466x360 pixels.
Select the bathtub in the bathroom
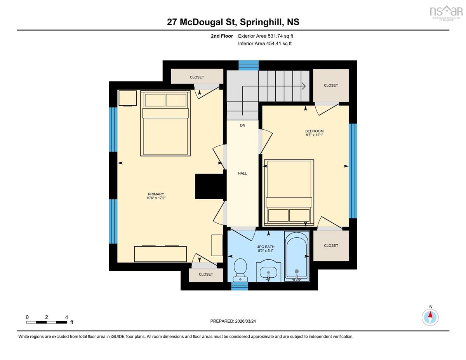pos(297,256)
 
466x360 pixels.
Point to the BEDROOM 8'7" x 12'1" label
pos(315,133)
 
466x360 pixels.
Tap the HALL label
pos(242,173)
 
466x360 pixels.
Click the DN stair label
pos(243,125)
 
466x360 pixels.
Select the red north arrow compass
pos(430,317)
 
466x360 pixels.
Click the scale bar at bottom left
pos(47,322)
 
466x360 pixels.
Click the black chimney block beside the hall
pos(210,186)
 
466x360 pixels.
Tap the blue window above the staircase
pos(249,66)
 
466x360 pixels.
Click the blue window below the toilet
pos(240,286)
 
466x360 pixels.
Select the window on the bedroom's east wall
pos(353,171)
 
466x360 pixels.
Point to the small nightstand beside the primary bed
pos(128,98)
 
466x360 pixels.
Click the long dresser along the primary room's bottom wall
pos(160,254)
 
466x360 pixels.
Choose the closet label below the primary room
pos(206,274)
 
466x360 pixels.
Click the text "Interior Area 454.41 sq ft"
pos(265,43)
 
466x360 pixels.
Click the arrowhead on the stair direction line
pos(304,86)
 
